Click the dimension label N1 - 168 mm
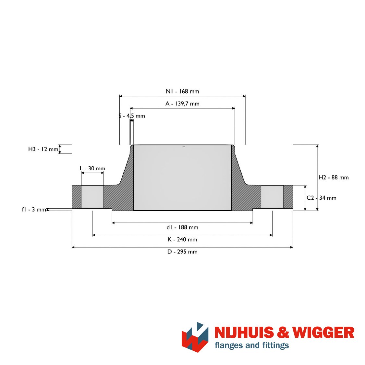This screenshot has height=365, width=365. [x=182, y=91]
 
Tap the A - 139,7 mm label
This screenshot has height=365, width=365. [x=182, y=103]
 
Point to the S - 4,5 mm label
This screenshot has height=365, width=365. [x=132, y=116]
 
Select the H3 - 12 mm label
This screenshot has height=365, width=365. [x=43, y=149]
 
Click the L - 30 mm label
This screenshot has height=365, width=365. [x=92, y=168]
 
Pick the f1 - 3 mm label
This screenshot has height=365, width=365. [x=34, y=210]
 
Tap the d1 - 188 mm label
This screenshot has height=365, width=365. [x=182, y=227]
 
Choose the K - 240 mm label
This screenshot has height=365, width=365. [x=182, y=239]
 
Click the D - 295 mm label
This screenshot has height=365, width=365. [x=182, y=252]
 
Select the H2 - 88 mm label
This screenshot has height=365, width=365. [x=334, y=177]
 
